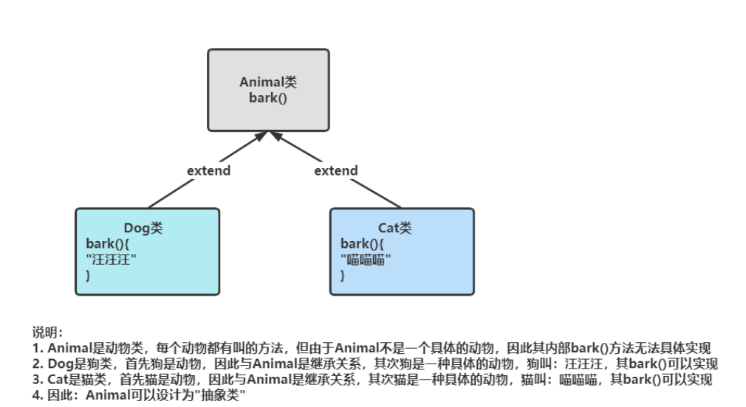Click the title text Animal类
coord(268,83)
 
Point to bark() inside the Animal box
coord(268,97)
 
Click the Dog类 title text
coord(143,229)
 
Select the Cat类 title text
coord(395,229)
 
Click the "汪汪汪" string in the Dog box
coord(112,259)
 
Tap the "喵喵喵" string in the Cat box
coord(366,259)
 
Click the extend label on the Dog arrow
coord(208,171)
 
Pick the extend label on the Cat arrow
coord(336,171)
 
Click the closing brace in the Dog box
coord(89,274)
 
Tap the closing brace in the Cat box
coord(343,274)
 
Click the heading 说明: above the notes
coord(47,333)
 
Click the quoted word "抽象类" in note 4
coord(221,396)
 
